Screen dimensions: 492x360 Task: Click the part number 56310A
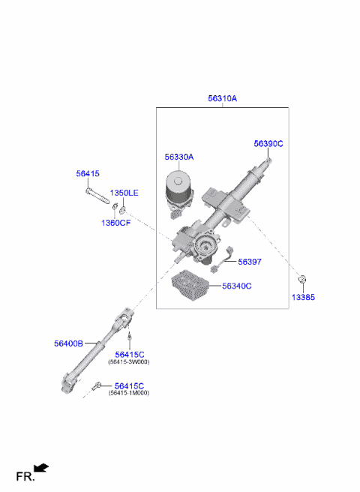[222, 98]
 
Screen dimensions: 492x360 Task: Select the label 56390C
[268, 143]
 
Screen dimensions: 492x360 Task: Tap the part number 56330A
[179, 157]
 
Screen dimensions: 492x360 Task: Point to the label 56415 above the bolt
[87, 173]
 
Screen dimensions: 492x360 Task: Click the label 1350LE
[124, 193]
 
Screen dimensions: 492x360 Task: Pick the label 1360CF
[115, 222]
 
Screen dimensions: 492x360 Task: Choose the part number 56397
[250, 262]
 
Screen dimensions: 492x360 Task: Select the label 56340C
[236, 286]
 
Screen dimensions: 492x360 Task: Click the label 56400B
[68, 343]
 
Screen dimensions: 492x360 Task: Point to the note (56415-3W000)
[129, 361]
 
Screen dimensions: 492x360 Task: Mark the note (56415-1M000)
[129, 393]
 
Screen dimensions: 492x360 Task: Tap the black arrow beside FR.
[42, 469]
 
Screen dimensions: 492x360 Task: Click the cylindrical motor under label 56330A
[179, 192]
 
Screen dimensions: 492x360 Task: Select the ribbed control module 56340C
[193, 285]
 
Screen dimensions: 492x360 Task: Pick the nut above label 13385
[302, 280]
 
